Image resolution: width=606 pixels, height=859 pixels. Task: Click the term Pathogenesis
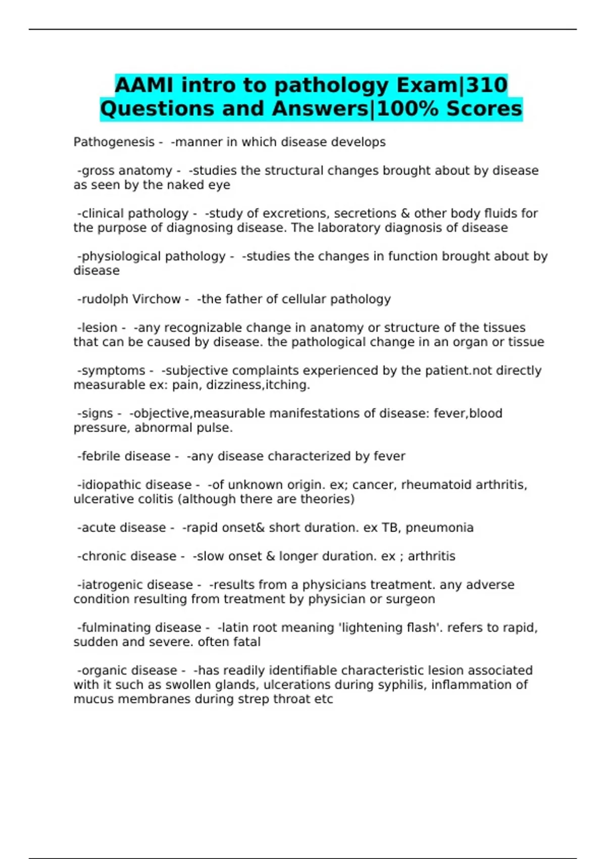114,142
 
